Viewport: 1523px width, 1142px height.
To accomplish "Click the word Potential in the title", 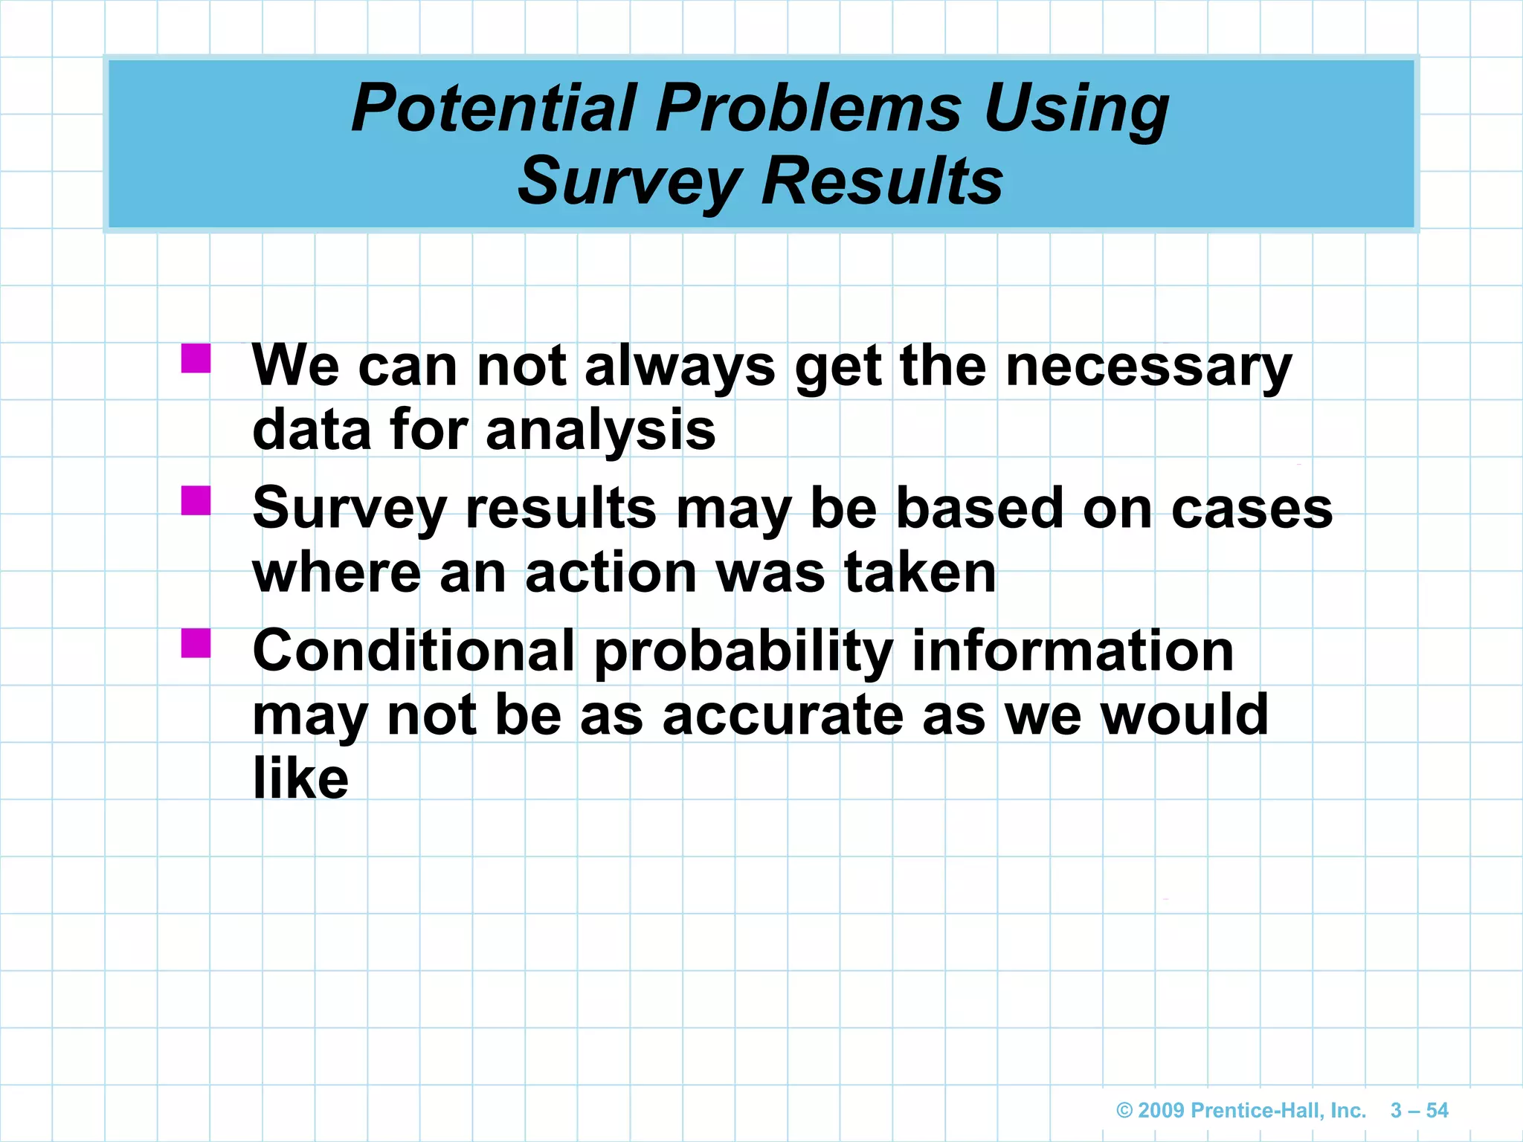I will point(494,109).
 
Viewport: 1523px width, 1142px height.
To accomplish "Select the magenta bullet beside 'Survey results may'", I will point(196,500).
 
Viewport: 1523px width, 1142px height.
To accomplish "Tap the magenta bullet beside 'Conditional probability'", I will point(196,643).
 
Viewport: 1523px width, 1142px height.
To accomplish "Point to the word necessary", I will point(1148,367).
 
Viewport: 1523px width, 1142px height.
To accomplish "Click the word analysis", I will point(601,431).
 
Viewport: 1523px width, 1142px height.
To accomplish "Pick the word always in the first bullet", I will point(680,367).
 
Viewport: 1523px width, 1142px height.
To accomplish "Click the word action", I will point(611,573).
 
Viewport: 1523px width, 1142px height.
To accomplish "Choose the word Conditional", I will point(413,651).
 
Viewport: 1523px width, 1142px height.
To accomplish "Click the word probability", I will point(743,651).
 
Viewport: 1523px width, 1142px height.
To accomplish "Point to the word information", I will point(1072,651).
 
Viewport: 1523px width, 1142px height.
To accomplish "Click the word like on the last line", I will point(300,779).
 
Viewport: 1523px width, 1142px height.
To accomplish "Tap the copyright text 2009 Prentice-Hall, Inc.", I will point(1241,1111).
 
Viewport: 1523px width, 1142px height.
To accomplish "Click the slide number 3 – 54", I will point(1419,1111).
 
